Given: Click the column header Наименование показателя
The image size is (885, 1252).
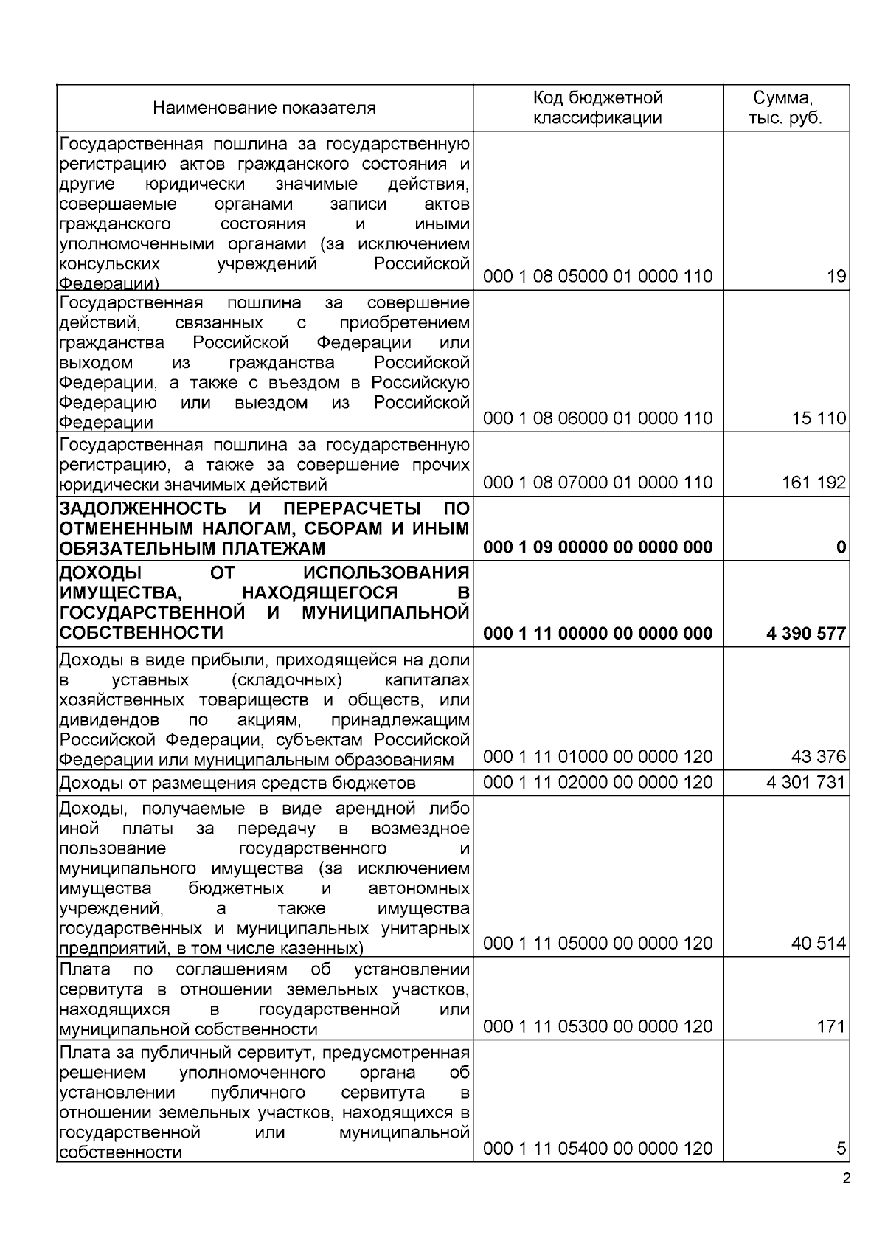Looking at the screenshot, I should [264, 108].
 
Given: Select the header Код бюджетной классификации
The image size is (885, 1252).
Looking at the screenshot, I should [597, 108].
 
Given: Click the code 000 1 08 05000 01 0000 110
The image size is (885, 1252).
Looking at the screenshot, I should [597, 277].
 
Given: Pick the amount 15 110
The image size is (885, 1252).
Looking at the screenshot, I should [819, 418].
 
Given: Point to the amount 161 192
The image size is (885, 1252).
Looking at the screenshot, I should [813, 483].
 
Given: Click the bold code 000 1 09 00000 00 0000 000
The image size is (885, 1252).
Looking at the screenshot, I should [597, 547].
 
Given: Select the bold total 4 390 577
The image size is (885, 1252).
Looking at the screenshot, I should [806, 633].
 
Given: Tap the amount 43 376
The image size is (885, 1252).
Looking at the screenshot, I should [819, 757].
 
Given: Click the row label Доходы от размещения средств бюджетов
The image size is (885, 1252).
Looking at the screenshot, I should [237, 783].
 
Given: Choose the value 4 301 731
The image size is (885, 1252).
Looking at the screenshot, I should [806, 782].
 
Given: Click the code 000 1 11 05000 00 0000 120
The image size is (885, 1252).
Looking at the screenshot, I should [597, 944].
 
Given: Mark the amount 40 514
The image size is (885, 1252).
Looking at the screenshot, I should [819, 944].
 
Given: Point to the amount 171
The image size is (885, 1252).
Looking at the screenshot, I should [830, 1026].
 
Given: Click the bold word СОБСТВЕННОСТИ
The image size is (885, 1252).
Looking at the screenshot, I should [141, 633].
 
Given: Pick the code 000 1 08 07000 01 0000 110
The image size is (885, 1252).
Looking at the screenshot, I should [597, 483].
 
